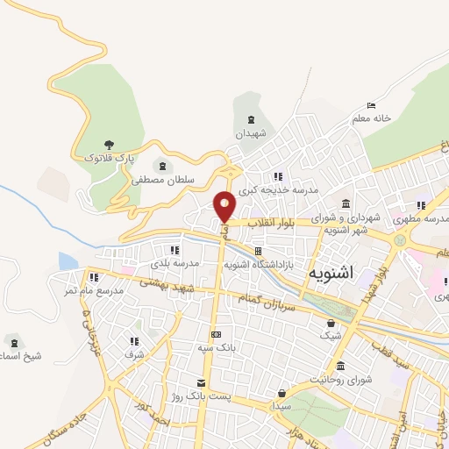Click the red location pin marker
225,206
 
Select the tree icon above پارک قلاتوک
109,144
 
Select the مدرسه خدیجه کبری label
282,189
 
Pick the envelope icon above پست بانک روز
203,383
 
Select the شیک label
330,335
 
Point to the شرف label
134,355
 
